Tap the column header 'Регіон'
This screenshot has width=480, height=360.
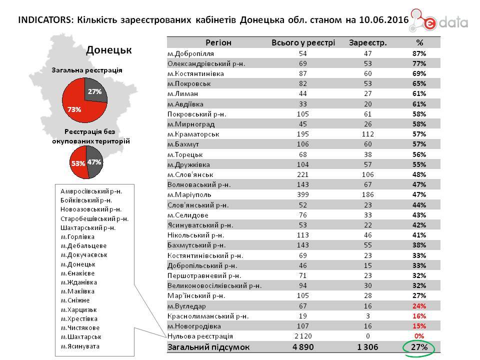coord(218,42)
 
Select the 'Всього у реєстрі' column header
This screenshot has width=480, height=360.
coord(303,42)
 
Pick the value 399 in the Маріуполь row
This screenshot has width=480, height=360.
coord(303,194)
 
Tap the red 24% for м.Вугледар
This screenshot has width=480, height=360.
coord(419,305)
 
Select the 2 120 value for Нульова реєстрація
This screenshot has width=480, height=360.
coord(303,336)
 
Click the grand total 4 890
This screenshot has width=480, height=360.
coord(303,347)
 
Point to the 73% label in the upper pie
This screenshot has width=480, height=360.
coord(74,108)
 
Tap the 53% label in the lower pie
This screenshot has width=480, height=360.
coord(78,163)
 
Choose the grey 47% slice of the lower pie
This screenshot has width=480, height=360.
coord(94,162)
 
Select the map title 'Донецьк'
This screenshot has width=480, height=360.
coord(108,50)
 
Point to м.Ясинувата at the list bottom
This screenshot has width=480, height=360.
coord(80,345)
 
